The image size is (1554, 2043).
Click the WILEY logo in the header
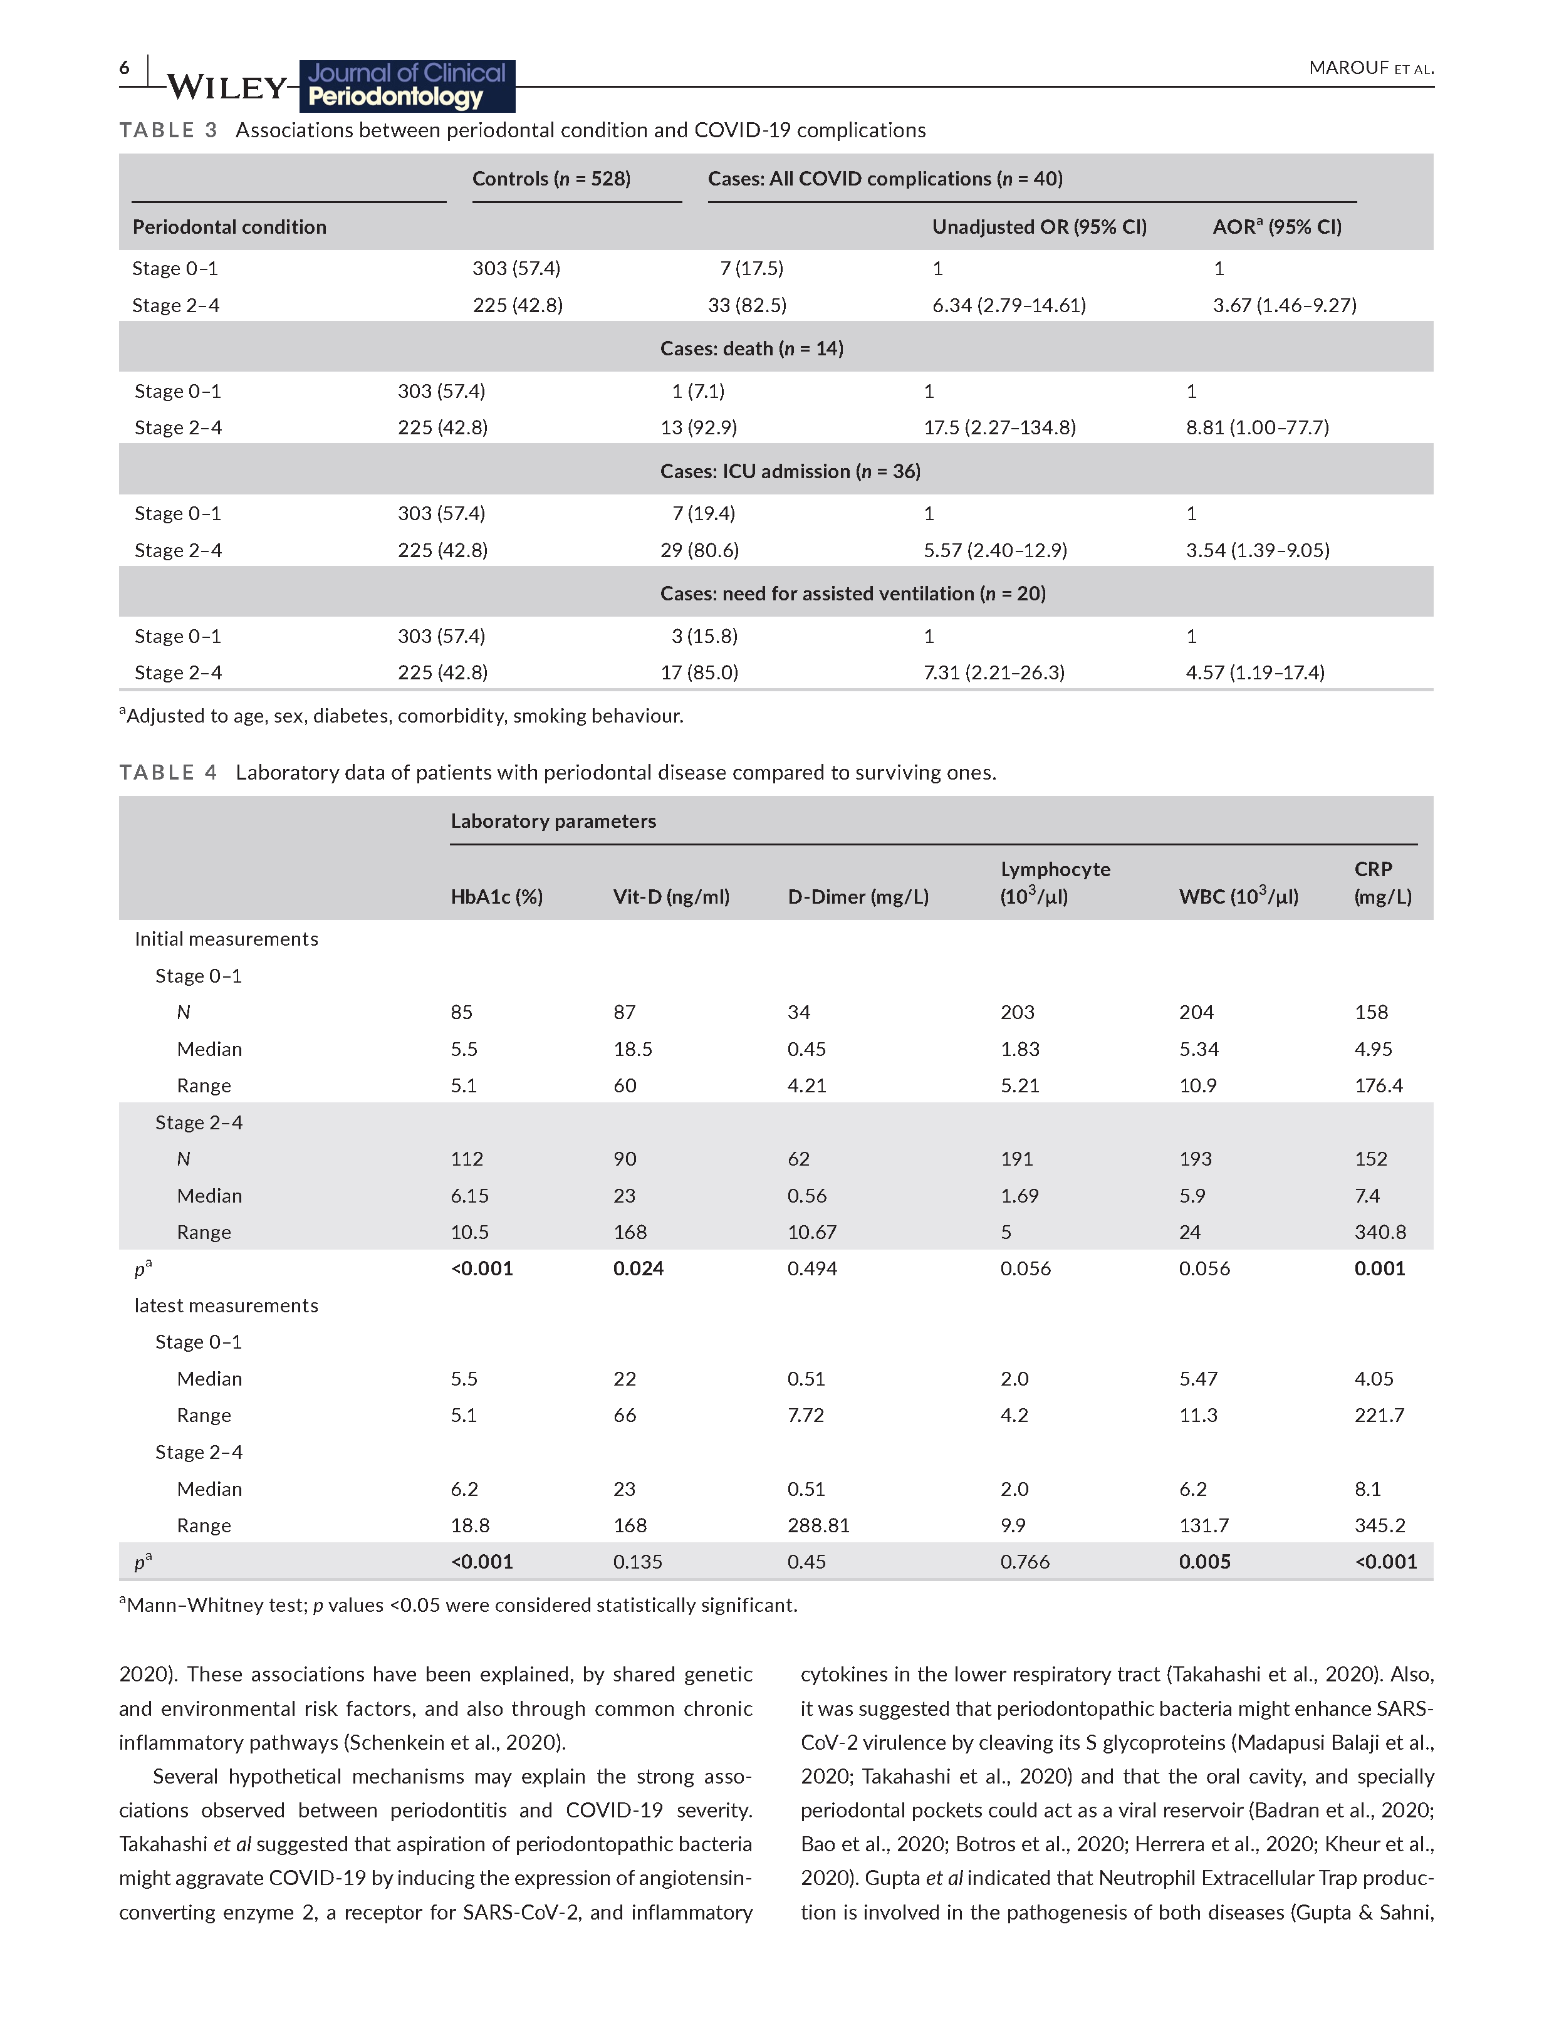[x=227, y=88]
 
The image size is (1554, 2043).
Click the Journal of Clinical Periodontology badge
[x=407, y=85]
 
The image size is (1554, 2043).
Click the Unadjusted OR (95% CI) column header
[x=1039, y=227]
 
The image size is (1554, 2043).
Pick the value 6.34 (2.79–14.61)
[x=1008, y=305]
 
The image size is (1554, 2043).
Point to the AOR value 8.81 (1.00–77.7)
[x=1257, y=427]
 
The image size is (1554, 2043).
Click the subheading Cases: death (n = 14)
[x=751, y=348]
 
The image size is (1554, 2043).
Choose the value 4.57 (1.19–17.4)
[x=1255, y=672]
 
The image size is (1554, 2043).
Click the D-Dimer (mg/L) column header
[x=857, y=896]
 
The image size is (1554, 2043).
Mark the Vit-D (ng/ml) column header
[x=670, y=896]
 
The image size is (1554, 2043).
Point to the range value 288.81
[x=818, y=1525]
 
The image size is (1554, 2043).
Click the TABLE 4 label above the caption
[x=167, y=772]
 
